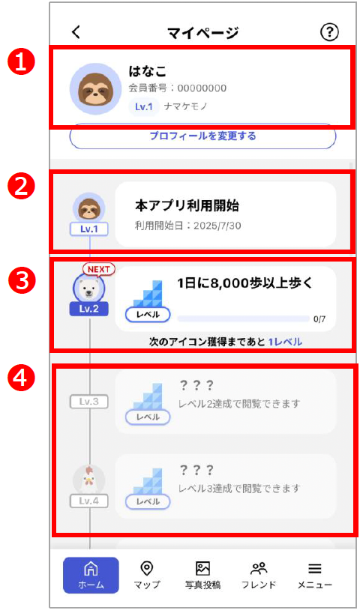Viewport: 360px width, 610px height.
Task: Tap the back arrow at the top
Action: [x=76, y=32]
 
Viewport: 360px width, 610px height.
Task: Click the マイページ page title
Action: [x=202, y=32]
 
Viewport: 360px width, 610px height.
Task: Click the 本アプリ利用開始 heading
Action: [x=187, y=205]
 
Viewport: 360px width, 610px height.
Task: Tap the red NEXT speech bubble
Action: [x=99, y=270]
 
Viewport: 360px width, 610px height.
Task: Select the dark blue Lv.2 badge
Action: [x=89, y=308]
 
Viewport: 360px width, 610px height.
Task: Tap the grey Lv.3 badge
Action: [x=89, y=402]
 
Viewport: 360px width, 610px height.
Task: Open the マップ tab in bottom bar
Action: [x=146, y=575]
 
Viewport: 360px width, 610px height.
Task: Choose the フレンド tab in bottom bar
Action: [x=259, y=575]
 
